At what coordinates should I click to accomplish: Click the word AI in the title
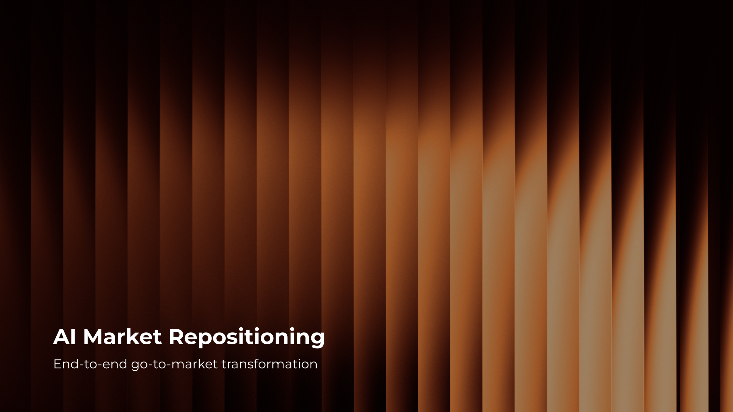point(64,337)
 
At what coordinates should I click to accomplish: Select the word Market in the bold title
point(122,337)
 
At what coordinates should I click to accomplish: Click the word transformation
point(269,364)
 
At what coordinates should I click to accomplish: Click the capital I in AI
point(73,337)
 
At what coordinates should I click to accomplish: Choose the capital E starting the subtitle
point(57,364)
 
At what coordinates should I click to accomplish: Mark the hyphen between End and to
point(82,365)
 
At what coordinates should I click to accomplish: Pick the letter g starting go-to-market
point(135,366)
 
